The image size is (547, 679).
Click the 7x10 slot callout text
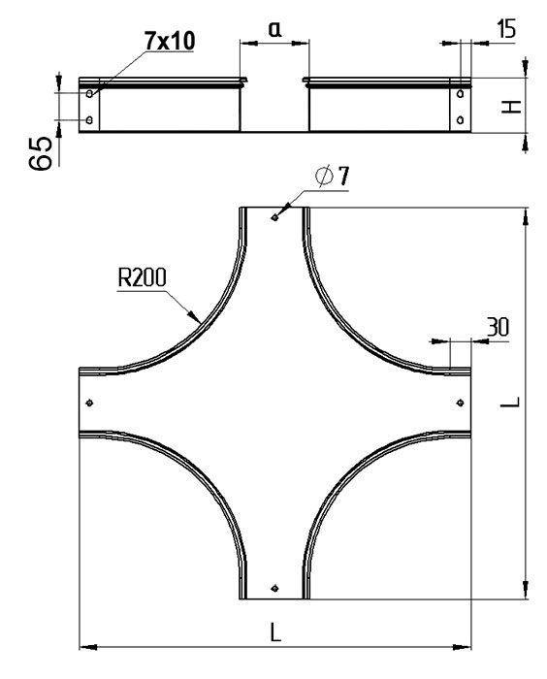pos(170,41)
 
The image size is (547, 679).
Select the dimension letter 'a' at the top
pos(275,29)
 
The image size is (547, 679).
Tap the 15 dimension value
pos(506,29)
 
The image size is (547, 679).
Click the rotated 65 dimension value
pos(41,153)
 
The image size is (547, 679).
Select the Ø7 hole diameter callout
pos(333,176)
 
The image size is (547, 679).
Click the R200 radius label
pos(142,277)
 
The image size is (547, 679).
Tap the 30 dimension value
pos(498,327)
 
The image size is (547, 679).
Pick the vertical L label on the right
pos(510,402)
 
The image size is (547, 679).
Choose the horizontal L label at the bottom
pos(275,631)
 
